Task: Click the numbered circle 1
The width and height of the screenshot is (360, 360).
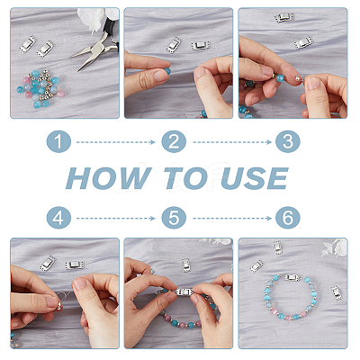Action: [58, 141]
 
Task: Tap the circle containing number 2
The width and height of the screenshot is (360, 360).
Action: [174, 141]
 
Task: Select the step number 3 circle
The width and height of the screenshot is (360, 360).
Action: [288, 141]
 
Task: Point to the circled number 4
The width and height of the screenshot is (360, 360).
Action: [58, 217]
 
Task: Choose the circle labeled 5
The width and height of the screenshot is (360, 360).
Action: [174, 217]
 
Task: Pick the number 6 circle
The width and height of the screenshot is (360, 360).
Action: [288, 217]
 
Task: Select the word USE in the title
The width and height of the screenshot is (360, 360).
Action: [255, 178]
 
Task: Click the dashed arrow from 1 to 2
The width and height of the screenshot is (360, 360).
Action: [116, 142]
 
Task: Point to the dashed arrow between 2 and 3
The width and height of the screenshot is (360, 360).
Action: [232, 142]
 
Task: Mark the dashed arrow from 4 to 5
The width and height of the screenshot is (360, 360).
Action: [116, 218]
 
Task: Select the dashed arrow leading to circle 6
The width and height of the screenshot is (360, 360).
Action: [232, 218]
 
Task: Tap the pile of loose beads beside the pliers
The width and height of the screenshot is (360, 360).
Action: [40, 88]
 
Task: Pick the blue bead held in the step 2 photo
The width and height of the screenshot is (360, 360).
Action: [167, 71]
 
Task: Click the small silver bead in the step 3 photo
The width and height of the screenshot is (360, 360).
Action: [297, 77]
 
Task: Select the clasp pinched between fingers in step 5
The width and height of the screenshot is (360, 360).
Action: [184, 292]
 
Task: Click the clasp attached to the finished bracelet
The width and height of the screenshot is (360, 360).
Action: [292, 277]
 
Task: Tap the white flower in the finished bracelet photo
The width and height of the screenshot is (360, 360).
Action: [334, 247]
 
